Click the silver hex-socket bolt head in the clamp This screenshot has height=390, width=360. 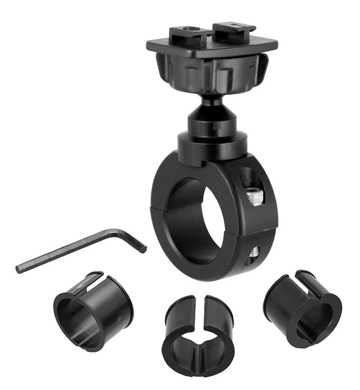254,196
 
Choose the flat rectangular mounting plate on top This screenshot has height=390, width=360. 213,47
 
